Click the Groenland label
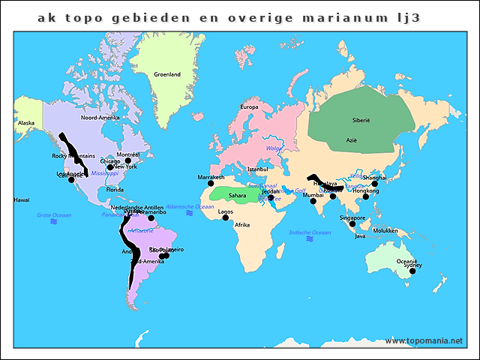tap(166, 75)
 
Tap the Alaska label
tap(26, 123)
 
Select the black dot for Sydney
tap(412, 271)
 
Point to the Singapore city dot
tap(352, 223)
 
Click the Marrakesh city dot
tap(211, 184)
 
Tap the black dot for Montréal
tap(128, 160)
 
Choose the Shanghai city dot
tap(375, 184)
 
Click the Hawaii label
tap(21, 200)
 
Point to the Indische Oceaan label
tap(310, 232)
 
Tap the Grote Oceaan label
tap(54, 215)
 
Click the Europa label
tap(249, 107)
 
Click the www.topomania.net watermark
tap(424, 341)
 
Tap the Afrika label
tap(242, 225)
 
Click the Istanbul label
tap(257, 169)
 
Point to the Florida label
tap(115, 190)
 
